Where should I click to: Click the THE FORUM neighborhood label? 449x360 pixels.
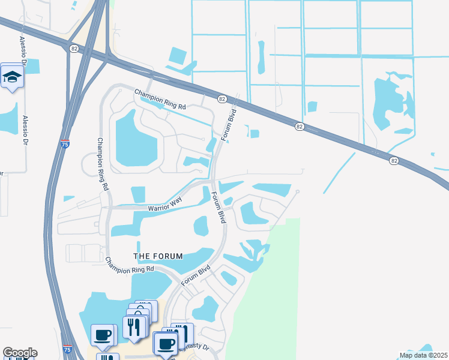point(158,256)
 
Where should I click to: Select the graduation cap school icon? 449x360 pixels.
point(12,77)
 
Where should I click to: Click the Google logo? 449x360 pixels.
point(20,353)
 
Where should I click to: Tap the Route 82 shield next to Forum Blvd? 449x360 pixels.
point(221,98)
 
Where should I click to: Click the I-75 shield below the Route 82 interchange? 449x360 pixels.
point(65,144)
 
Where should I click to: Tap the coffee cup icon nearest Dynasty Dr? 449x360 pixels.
point(165,344)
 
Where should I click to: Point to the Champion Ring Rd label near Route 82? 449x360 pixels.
point(160,98)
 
